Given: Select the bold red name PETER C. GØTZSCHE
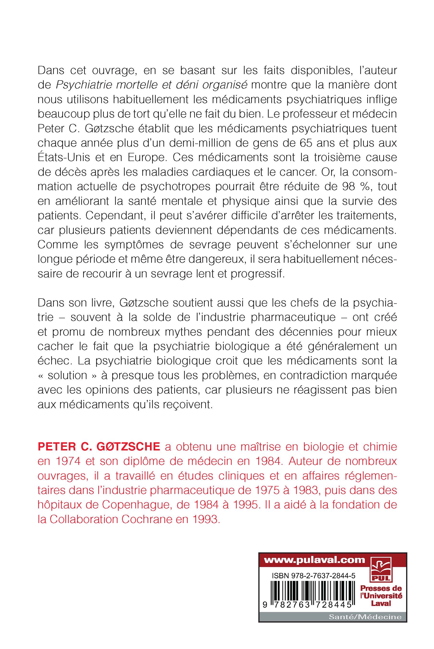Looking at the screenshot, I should pyautogui.click(x=99, y=447).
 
